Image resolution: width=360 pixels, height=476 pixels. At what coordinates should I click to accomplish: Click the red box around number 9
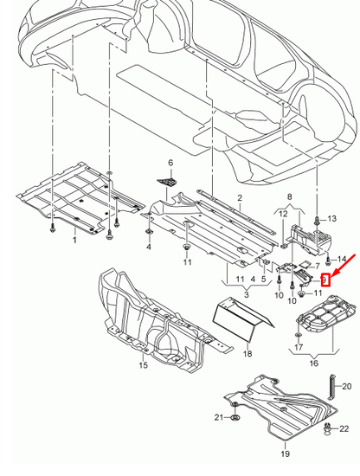pyautogui.click(x=325, y=280)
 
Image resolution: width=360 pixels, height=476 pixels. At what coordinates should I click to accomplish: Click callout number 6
pyautogui.click(x=171, y=163)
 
